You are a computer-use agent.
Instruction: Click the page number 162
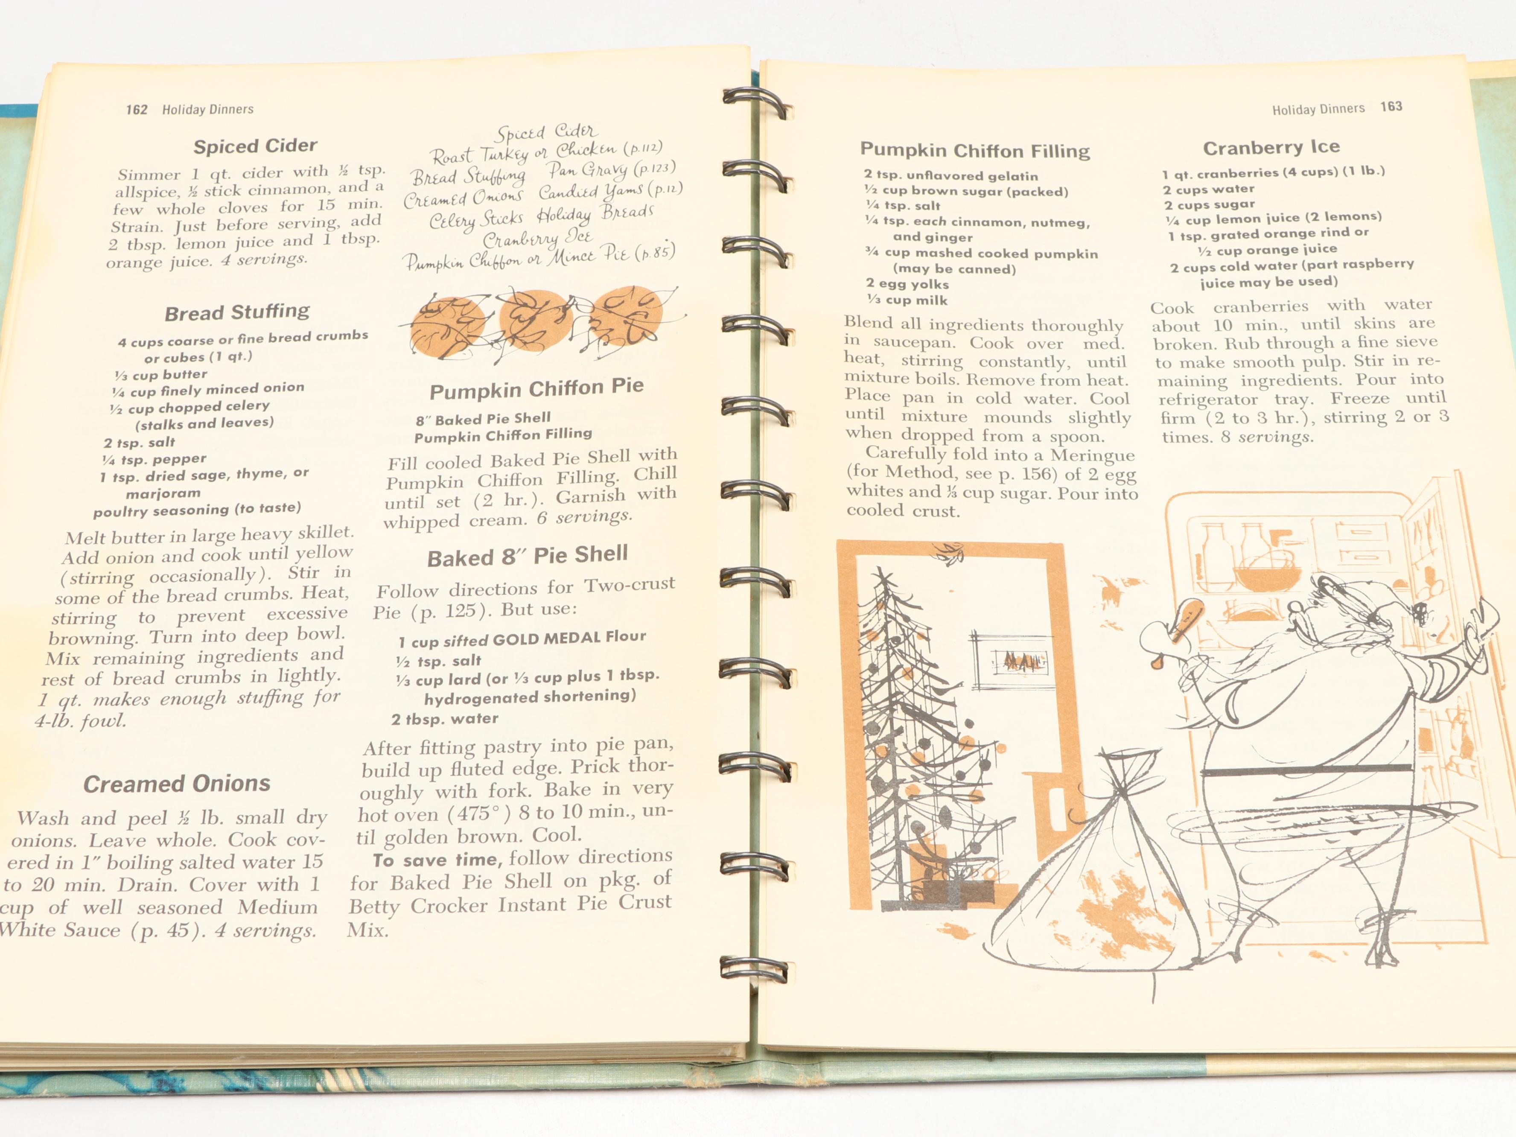point(137,110)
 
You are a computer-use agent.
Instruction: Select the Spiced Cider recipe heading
point(255,146)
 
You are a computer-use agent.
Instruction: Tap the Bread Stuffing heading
point(237,312)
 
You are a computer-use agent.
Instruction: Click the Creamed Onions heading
point(177,783)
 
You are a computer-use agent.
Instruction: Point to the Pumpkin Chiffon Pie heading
point(536,388)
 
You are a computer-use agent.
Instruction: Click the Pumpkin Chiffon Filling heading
point(974,150)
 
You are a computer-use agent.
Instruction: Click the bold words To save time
point(435,860)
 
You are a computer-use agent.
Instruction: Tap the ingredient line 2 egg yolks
point(907,284)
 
